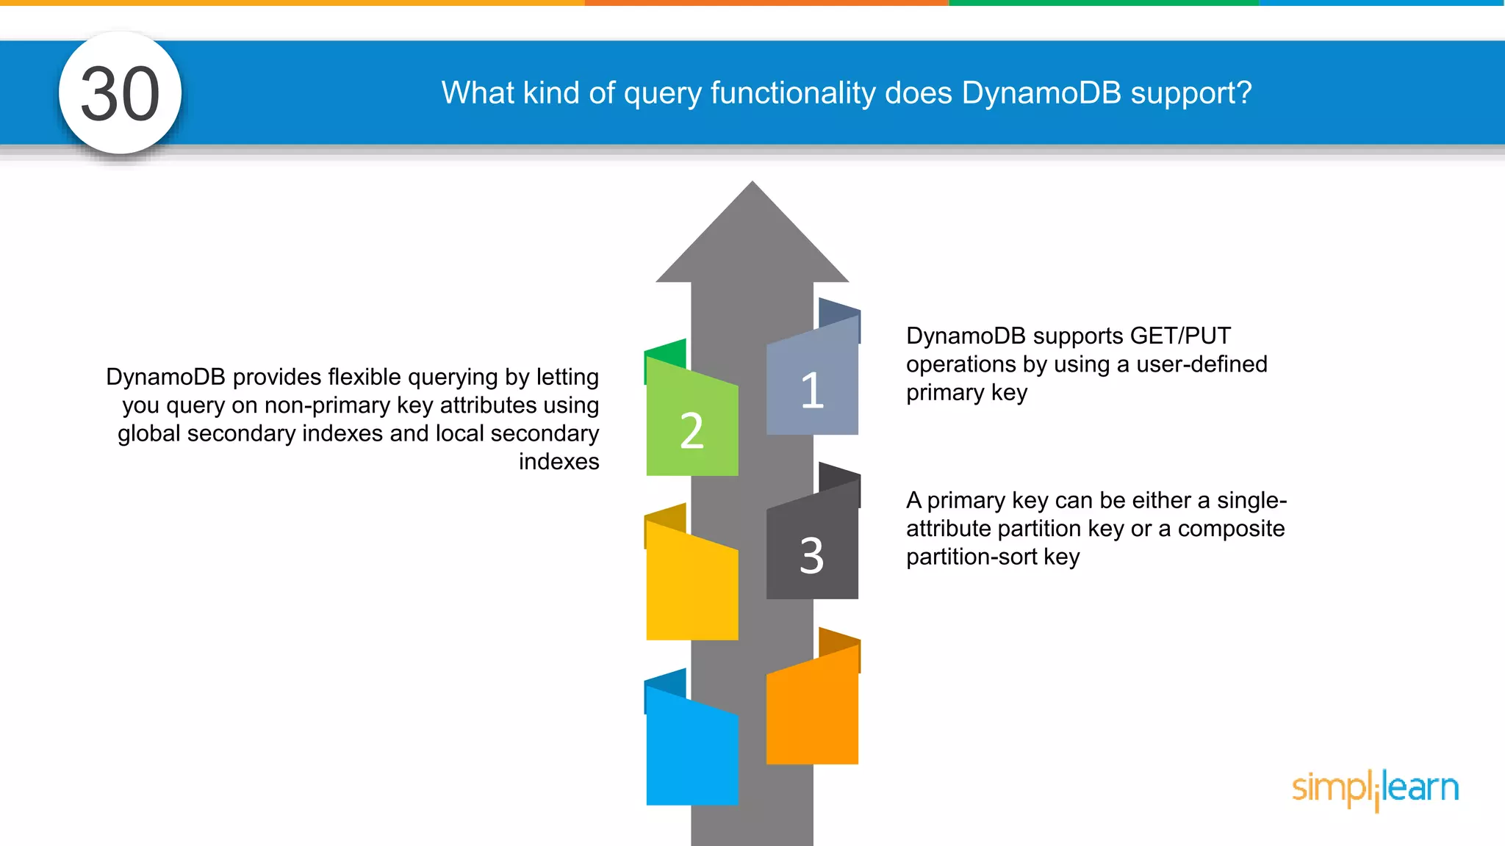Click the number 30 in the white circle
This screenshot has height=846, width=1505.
pyautogui.click(x=120, y=93)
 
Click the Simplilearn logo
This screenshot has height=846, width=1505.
pyautogui.click(x=1375, y=789)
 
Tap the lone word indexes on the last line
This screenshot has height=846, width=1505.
pyautogui.click(x=558, y=462)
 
